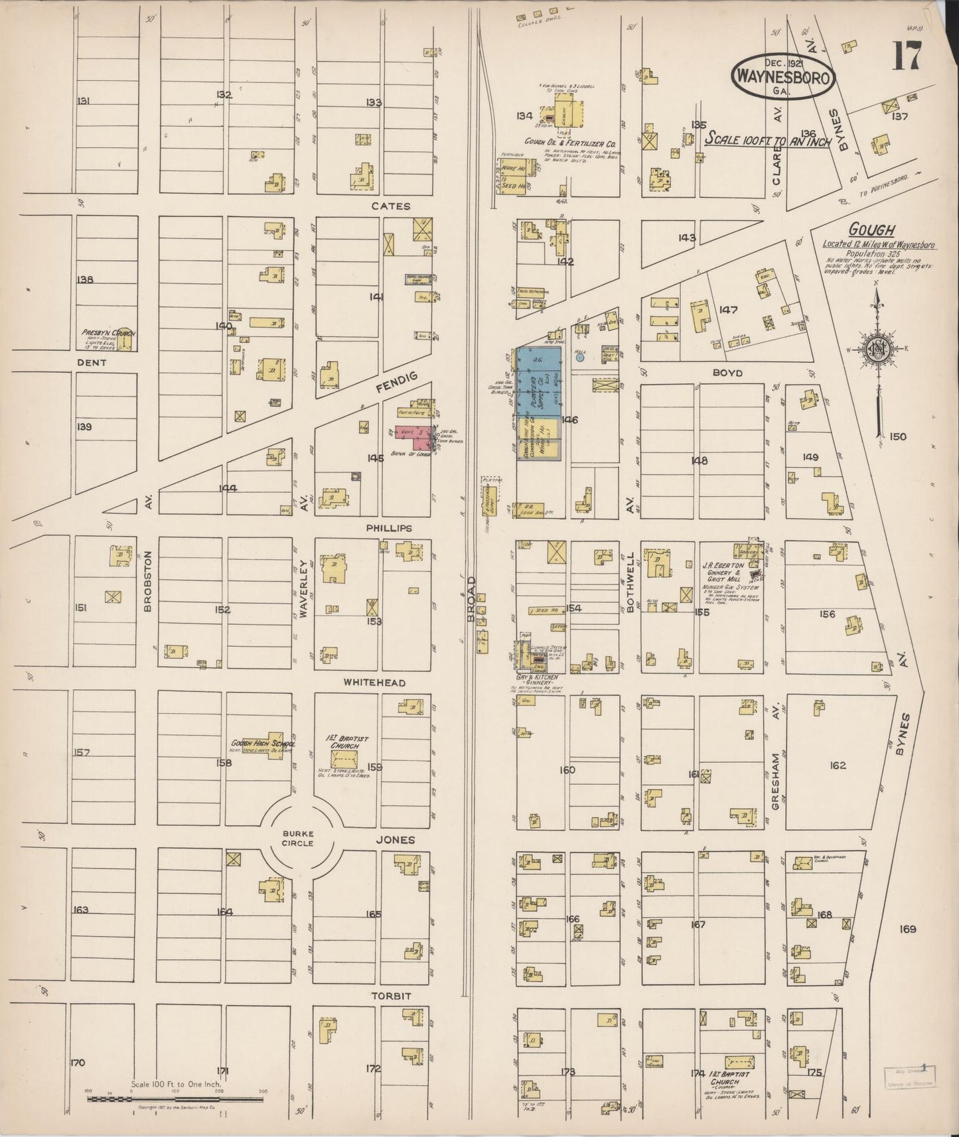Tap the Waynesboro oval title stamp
[782, 77]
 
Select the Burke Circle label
[297, 838]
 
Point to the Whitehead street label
[374, 683]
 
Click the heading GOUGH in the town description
[871, 230]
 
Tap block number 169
[907, 929]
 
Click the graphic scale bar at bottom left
[176, 1099]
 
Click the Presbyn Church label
[105, 332]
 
